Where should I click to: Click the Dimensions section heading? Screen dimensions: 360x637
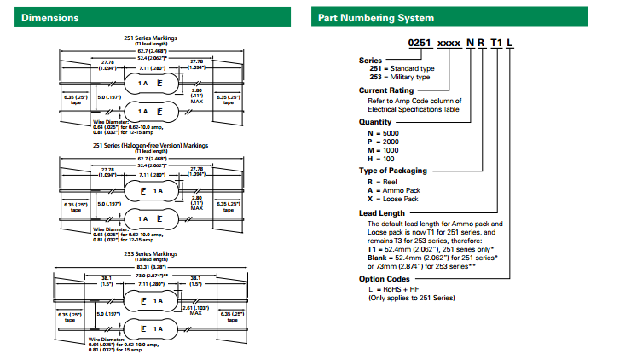[x=50, y=17]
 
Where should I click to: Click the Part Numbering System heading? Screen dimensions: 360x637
[x=376, y=17]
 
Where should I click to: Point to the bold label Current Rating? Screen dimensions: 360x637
[x=386, y=90]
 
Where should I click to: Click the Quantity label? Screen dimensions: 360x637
[x=376, y=121]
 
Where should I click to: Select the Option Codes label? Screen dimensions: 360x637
[x=385, y=279]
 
